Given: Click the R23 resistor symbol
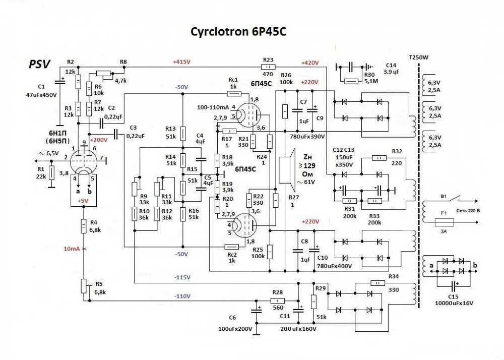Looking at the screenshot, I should click(x=269, y=66).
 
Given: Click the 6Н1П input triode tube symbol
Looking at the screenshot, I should click(x=83, y=160).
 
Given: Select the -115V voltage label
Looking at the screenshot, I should click(x=182, y=278).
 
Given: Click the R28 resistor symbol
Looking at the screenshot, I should click(x=277, y=301).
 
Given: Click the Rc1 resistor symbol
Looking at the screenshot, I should click(x=232, y=93).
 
